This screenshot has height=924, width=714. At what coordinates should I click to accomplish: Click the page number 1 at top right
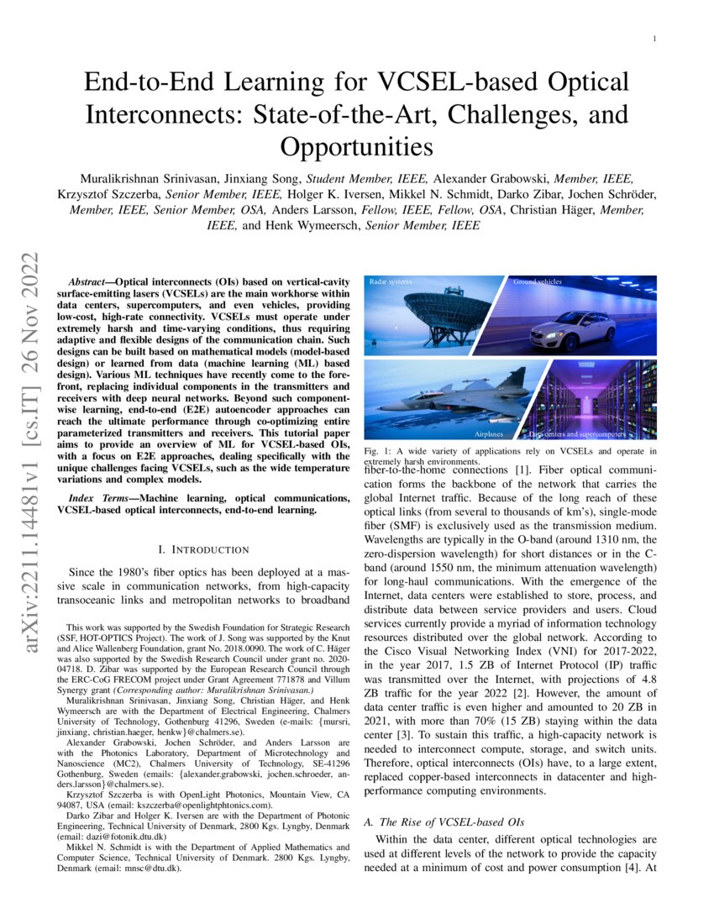pyautogui.click(x=654, y=39)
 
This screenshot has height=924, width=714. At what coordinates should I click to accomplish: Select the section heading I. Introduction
pyautogui.click(x=198, y=549)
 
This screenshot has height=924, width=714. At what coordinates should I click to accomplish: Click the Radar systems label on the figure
pyautogui.click(x=391, y=281)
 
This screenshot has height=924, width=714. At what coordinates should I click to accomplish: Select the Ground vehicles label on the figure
pyautogui.click(x=538, y=281)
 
